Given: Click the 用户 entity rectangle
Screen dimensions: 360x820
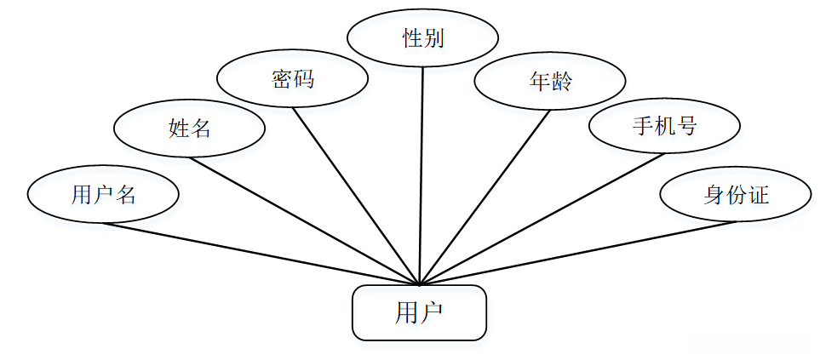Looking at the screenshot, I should click(419, 312).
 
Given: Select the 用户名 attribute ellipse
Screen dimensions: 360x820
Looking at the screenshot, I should click(103, 195).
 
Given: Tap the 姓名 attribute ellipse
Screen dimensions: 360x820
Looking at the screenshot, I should click(189, 129).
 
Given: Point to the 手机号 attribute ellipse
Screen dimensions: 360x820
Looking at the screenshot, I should click(664, 127).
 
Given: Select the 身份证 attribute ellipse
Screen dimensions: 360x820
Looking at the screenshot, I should click(736, 195).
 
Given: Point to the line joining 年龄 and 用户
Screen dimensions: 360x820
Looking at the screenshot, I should click(485, 196).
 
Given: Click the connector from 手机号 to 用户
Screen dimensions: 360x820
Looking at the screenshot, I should click(542, 219).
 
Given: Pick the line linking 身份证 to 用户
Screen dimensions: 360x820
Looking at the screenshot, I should click(579, 253).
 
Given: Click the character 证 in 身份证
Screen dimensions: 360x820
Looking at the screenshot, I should click(759, 195).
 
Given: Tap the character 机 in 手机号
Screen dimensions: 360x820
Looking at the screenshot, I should click(665, 127).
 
